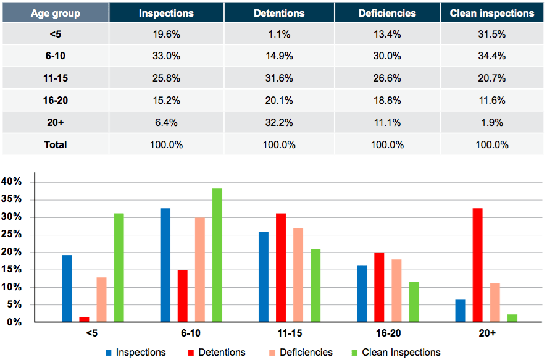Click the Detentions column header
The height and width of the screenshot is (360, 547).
[279, 13]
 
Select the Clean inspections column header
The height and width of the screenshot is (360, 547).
[492, 13]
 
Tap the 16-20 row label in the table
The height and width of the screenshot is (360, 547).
[56, 101]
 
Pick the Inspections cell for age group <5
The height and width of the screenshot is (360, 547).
[167, 34]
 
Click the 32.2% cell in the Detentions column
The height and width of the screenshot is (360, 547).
[279, 122]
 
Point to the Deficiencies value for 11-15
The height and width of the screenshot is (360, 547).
[387, 78]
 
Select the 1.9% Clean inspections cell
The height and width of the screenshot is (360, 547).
[492, 122]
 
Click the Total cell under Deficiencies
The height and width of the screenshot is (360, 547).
[387, 144]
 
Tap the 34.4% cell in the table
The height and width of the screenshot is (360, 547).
[492, 56]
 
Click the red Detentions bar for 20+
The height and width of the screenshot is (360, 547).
[478, 265]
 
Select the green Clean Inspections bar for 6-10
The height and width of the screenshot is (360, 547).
[217, 255]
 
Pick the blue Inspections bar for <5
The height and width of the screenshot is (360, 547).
[67, 288]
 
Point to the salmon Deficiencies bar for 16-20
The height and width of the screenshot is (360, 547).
[396, 291]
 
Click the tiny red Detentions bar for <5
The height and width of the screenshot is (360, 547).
[84, 319]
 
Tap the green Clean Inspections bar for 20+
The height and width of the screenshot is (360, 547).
[512, 318]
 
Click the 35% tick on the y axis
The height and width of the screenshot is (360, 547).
[11, 199]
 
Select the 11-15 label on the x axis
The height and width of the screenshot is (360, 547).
[290, 333]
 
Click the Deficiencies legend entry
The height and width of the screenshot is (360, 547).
[301, 353]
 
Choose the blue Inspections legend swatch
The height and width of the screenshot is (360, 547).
[109, 353]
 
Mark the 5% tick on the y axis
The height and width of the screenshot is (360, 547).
[14, 304]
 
